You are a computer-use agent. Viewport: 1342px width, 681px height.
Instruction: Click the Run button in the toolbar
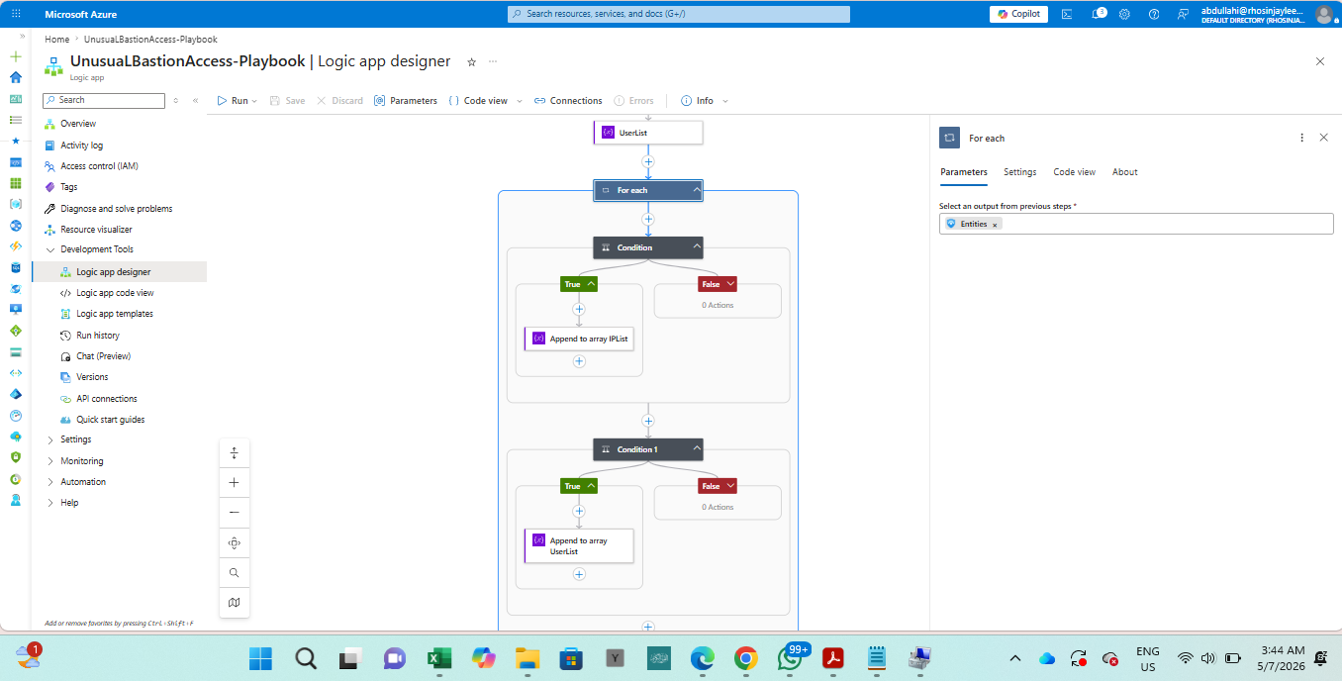238,101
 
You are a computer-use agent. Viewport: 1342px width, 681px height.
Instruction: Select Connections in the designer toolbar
568,101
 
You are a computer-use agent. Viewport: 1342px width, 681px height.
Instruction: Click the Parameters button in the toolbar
406,101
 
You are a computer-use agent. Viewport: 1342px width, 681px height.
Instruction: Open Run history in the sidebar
98,336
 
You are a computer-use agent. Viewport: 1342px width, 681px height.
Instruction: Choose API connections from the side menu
107,398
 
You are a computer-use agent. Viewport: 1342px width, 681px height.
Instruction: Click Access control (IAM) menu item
99,166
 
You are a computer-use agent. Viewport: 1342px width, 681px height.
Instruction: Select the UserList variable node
648,133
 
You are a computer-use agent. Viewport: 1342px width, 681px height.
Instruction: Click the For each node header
648,190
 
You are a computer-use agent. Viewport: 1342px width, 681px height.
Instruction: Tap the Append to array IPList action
579,339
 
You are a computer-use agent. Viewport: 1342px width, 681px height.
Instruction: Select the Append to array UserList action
579,545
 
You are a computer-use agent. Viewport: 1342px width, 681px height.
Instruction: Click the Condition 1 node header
648,449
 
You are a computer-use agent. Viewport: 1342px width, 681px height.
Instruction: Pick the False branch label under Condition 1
718,486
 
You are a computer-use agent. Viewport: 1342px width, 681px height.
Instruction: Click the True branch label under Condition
579,284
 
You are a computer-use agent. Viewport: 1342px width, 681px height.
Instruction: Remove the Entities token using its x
995,225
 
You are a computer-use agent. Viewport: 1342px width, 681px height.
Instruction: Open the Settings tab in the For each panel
1019,172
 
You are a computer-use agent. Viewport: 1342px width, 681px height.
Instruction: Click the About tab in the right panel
1124,172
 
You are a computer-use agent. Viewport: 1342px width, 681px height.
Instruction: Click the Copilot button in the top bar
1018,14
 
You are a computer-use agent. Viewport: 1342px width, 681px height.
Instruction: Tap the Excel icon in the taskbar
439,659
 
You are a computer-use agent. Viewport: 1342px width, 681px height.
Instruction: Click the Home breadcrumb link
57,39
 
